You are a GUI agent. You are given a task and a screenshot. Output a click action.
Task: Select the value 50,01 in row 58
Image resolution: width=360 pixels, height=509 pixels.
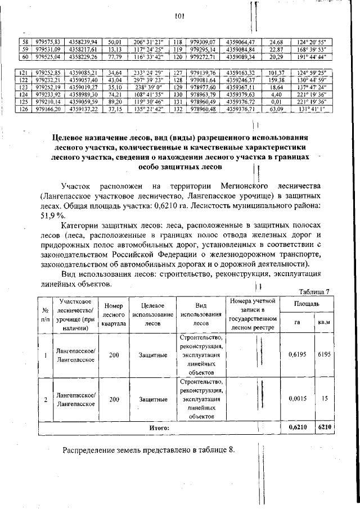click(x=115, y=42)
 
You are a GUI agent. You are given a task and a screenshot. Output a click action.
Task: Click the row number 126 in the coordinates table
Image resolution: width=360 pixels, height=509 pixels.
click(x=24, y=109)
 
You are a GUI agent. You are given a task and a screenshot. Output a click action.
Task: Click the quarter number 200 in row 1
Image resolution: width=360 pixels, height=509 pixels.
click(x=114, y=355)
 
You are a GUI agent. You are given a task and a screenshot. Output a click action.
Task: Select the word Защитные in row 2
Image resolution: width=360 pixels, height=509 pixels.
click(x=152, y=399)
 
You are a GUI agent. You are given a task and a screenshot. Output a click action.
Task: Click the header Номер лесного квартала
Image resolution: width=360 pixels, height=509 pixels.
click(x=114, y=314)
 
